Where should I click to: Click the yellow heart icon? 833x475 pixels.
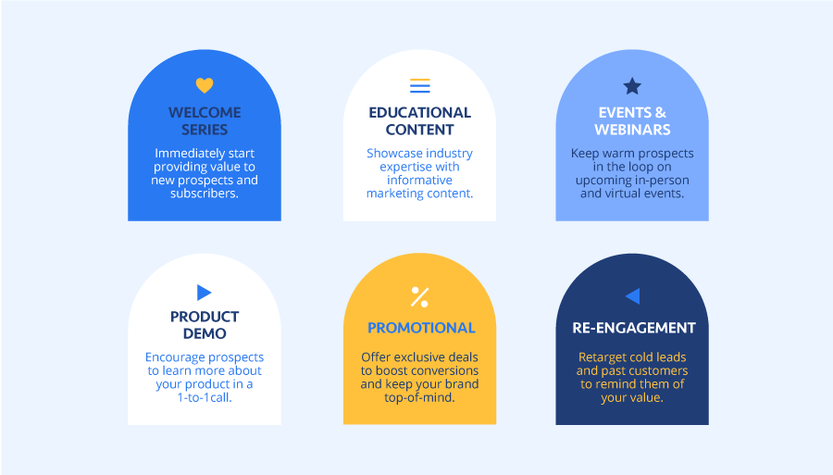pyautogui.click(x=205, y=85)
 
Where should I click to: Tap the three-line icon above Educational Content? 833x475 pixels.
pyautogui.click(x=419, y=85)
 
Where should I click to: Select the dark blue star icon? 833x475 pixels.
pyautogui.click(x=632, y=86)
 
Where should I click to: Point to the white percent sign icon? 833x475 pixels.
pyautogui.click(x=419, y=296)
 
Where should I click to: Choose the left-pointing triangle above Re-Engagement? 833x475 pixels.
pyautogui.click(x=632, y=296)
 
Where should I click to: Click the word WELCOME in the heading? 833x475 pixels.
pyautogui.click(x=205, y=112)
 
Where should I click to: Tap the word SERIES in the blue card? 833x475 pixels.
pyautogui.click(x=205, y=130)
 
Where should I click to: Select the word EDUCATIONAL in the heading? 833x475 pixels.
pyautogui.click(x=419, y=112)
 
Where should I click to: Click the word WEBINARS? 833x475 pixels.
pyautogui.click(x=632, y=130)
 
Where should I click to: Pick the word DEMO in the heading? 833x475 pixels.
pyautogui.click(x=205, y=333)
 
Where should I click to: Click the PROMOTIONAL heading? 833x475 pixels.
pyautogui.click(x=421, y=328)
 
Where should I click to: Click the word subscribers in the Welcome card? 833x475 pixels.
pyautogui.click(x=205, y=194)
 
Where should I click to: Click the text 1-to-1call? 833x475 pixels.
pyautogui.click(x=205, y=397)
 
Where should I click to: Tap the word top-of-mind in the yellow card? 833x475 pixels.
pyautogui.click(x=419, y=397)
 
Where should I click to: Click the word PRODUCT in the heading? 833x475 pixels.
pyautogui.click(x=205, y=317)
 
